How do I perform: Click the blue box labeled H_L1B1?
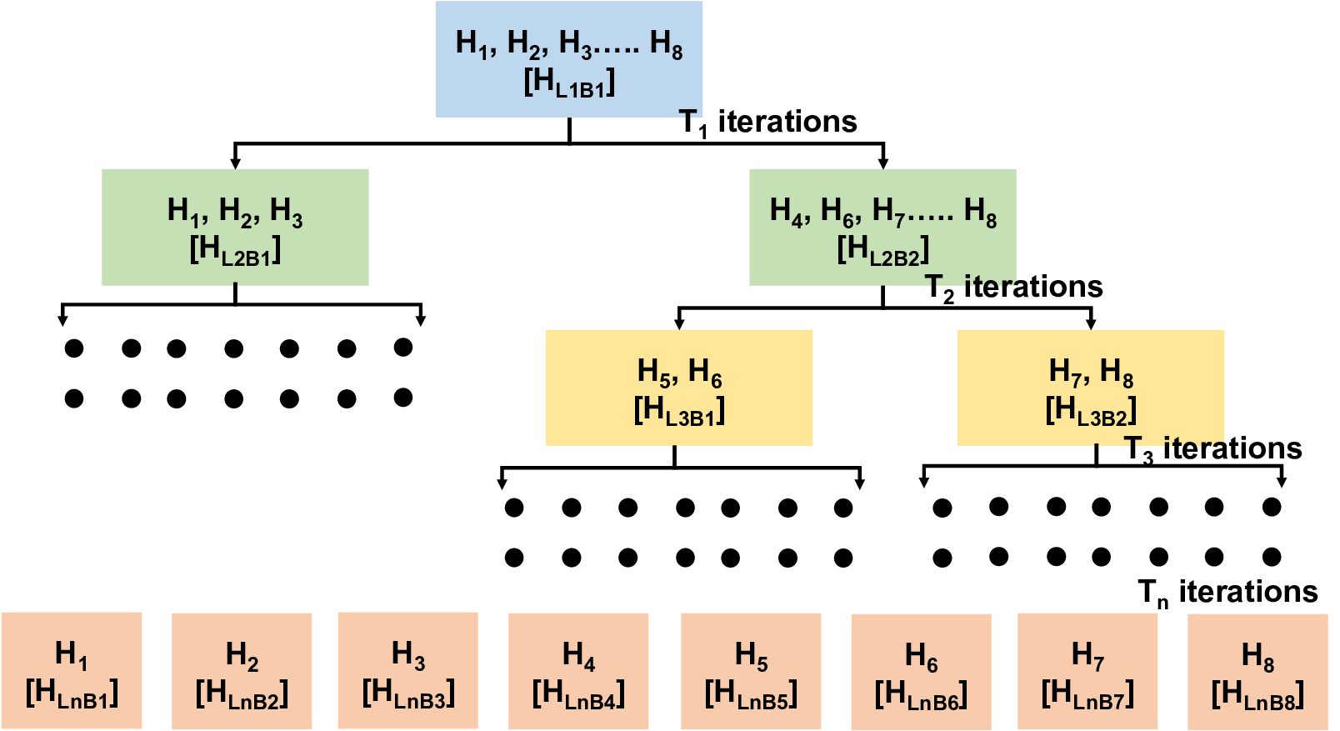pos(569,60)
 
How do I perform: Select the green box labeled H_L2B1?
pos(235,228)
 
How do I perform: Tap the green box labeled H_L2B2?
pos(882,228)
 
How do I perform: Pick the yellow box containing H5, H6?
pos(679,388)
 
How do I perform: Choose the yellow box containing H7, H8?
pos(1090,388)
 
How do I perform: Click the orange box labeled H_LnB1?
pos(72,671)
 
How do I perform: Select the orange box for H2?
pos(242,672)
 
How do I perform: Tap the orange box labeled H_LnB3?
pos(408,671)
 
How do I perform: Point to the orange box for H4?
pos(578,672)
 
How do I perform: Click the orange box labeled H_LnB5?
pos(751,672)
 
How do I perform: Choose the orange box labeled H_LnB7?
pos(1087,672)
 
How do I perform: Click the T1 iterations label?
pos(767,123)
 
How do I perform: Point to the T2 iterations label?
pos(1014,288)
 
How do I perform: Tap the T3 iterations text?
pos(1212,449)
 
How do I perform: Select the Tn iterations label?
pos(1227,593)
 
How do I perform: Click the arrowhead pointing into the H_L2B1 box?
pos(235,163)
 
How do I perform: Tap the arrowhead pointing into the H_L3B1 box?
pos(680,323)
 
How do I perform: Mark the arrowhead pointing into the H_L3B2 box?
pos(1091,323)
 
